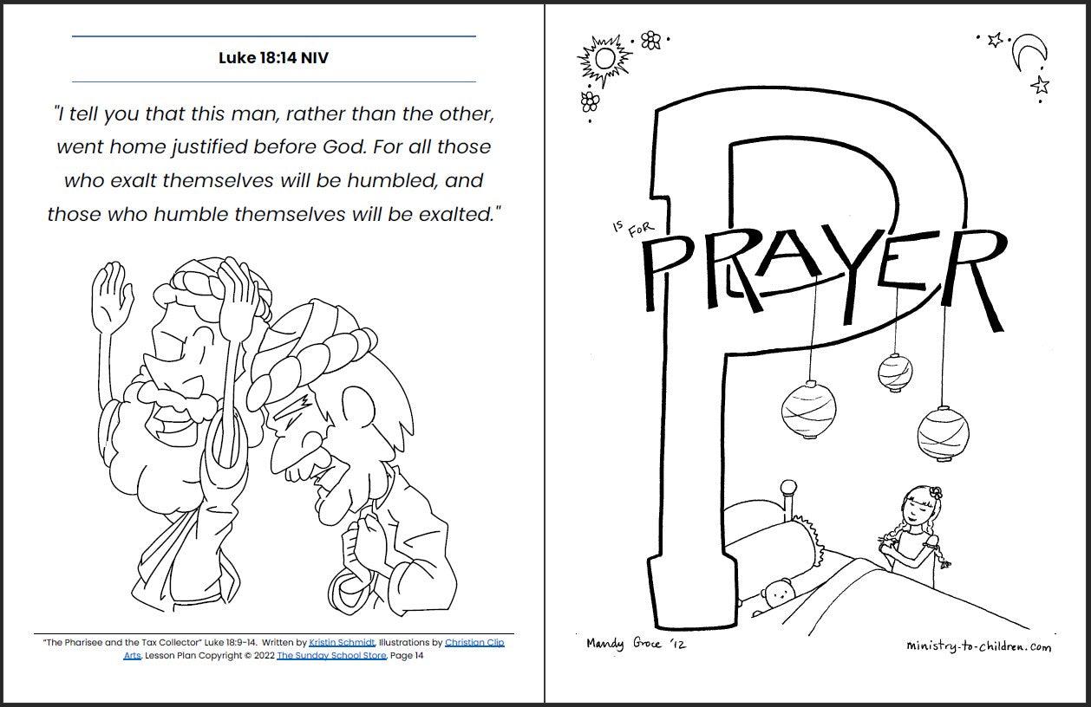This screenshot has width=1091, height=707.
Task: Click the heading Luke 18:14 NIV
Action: point(273,59)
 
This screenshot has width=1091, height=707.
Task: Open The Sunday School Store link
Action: point(331,656)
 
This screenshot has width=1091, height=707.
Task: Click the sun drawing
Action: point(604,60)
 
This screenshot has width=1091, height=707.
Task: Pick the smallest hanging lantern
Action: point(895,373)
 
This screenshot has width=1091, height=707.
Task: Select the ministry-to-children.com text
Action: point(977,646)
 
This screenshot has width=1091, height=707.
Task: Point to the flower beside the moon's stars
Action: point(650,39)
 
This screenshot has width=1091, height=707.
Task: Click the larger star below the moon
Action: point(1040,85)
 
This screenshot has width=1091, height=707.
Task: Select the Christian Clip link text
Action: point(474,643)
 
